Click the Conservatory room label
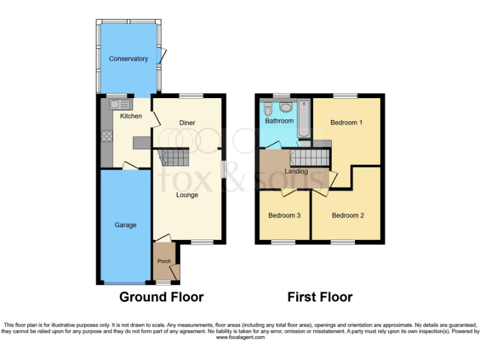(128, 59)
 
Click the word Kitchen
(131, 116)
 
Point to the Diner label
(187, 122)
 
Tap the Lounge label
(187, 195)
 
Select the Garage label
(125, 225)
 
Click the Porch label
(164, 261)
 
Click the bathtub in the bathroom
(303, 119)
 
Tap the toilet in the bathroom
(267, 106)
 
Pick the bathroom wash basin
(284, 104)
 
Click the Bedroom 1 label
(346, 122)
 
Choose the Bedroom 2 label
(347, 216)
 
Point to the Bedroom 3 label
(284, 216)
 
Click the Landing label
(296, 171)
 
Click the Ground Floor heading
(161, 297)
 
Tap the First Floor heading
(319, 297)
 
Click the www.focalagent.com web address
(240, 337)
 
